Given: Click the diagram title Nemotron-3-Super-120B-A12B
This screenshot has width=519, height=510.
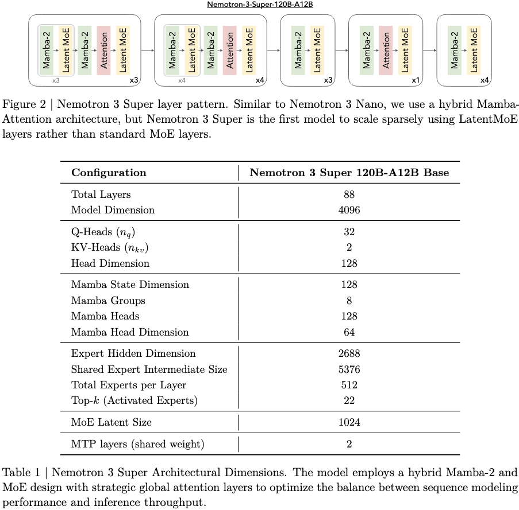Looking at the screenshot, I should click(259, 4).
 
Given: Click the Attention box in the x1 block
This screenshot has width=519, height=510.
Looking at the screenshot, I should click(386, 50).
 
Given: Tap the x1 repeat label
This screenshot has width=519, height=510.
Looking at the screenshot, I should click(415, 80).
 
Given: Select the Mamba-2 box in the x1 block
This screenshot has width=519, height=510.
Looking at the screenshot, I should click(367, 50).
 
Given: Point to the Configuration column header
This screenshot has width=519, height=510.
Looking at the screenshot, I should click(109, 173).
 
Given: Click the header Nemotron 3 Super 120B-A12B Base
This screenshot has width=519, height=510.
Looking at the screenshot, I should click(349, 173).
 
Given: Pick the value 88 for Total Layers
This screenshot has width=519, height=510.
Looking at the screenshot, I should click(349, 194).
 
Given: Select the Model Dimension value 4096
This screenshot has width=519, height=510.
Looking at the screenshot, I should click(349, 210).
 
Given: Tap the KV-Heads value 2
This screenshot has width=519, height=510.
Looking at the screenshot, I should click(349, 247).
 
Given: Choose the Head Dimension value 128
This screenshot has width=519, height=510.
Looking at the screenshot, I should click(349, 263).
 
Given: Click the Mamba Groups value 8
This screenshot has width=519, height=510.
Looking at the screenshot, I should click(349, 301).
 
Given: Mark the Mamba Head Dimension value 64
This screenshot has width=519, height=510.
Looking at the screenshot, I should click(349, 332).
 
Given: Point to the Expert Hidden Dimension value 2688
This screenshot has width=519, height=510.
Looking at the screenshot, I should click(349, 353).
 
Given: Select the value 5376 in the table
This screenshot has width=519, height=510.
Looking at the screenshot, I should click(349, 369).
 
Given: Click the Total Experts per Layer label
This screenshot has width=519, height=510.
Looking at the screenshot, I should click(129, 385).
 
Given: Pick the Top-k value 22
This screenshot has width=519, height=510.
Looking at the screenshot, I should click(349, 400).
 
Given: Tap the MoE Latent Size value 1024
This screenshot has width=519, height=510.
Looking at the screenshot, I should click(349, 422).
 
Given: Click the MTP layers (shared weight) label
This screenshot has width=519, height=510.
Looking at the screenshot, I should click(137, 443).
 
